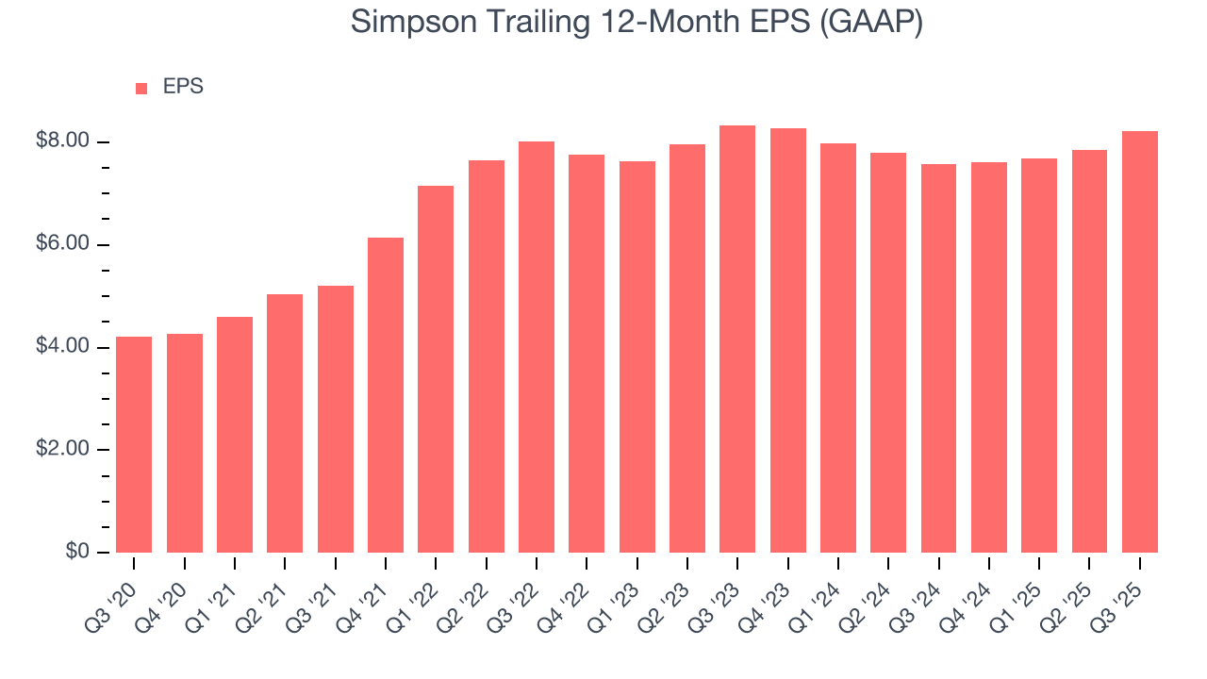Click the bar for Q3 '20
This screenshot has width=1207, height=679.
[x=134, y=444]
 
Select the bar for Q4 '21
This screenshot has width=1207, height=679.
[x=386, y=395]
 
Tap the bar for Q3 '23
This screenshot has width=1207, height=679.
[x=737, y=339]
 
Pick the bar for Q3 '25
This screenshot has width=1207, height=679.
[x=1140, y=341]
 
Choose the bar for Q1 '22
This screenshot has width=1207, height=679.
[x=436, y=369]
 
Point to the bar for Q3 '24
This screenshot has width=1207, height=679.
[x=938, y=358]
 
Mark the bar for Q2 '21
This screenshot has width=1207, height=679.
[x=285, y=423]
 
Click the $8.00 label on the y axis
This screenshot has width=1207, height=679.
[x=62, y=141]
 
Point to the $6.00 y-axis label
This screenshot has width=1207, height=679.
[x=62, y=244]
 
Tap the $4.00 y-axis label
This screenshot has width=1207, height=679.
[x=62, y=347]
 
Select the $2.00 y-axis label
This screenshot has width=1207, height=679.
[x=62, y=449]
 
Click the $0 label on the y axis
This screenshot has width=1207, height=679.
[x=76, y=552]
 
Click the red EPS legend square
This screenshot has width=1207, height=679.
[x=141, y=88]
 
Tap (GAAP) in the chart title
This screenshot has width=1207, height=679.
[x=871, y=22]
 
